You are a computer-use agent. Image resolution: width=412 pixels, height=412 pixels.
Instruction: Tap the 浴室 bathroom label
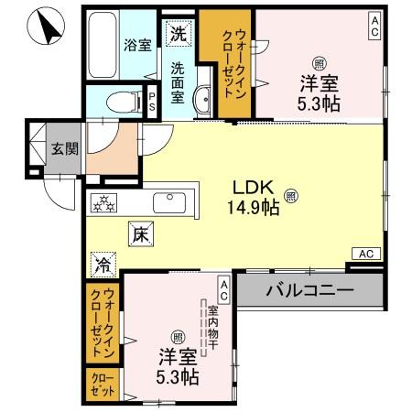tap(137, 44)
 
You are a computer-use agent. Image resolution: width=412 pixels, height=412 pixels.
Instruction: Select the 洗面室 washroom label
tap(178, 80)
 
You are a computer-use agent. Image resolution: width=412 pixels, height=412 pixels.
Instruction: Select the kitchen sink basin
tap(168, 203)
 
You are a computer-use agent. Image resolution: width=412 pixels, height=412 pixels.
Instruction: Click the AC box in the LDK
tap(364, 254)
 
